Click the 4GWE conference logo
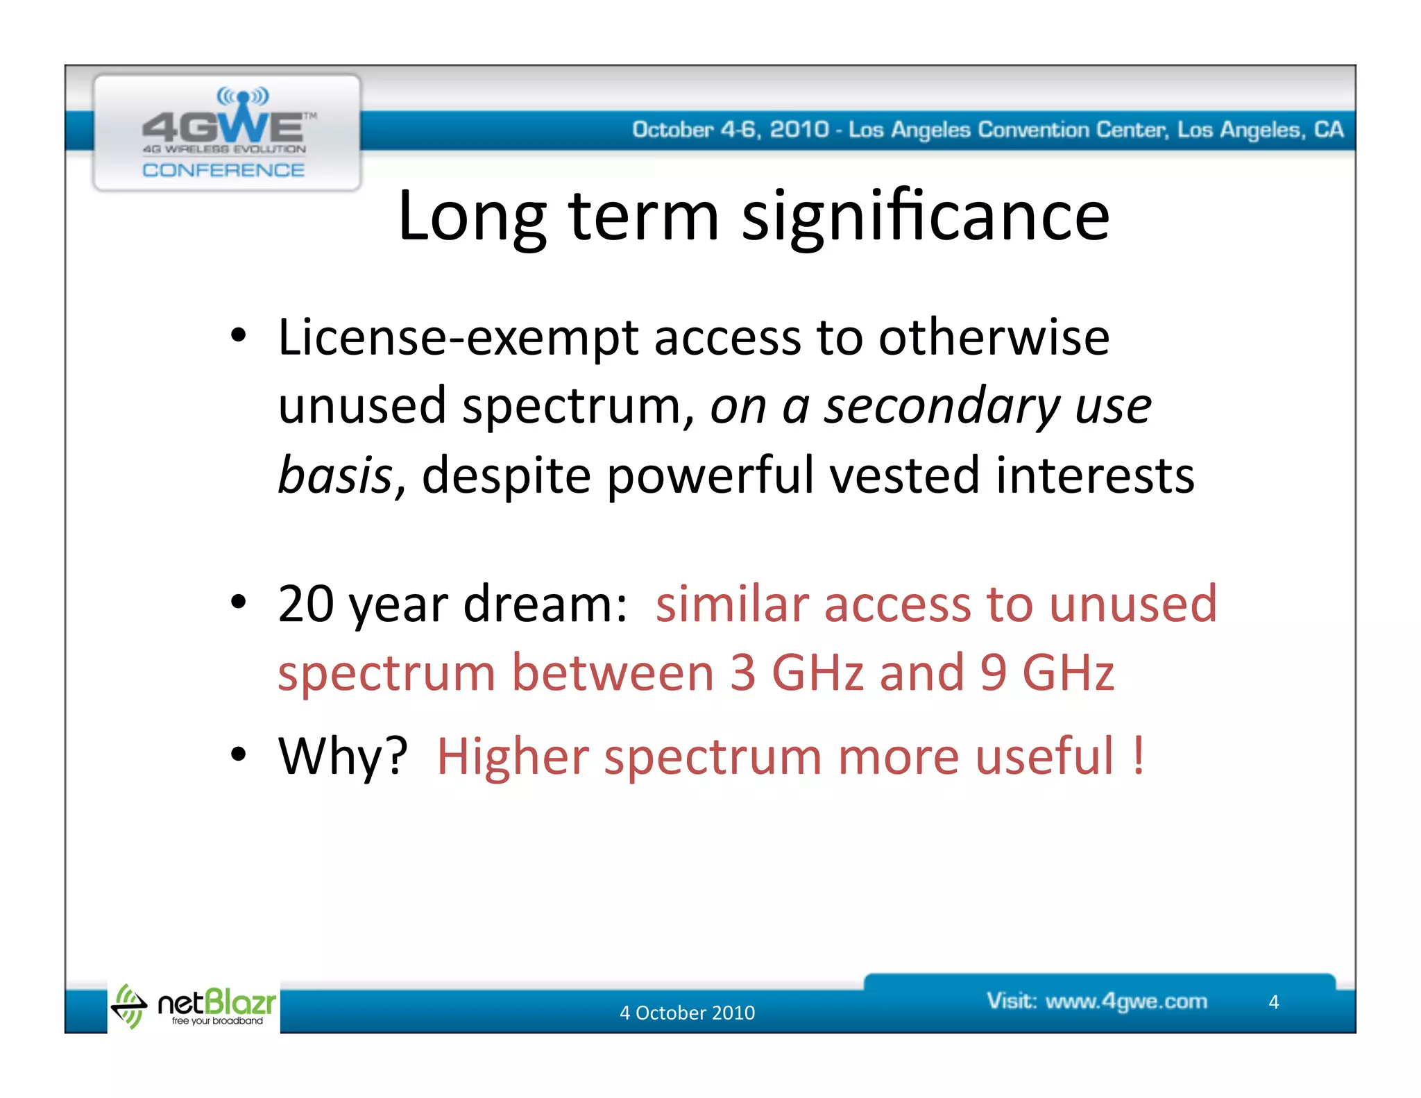226,132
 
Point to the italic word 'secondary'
941,407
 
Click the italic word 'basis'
336,476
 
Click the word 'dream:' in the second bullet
545,604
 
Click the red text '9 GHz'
1047,673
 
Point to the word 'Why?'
343,756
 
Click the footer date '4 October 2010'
687,1013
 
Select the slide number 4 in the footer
1273,1002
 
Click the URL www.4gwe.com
1126,1002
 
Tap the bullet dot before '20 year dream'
238,602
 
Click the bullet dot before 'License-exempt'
238,336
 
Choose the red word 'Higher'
512,756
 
